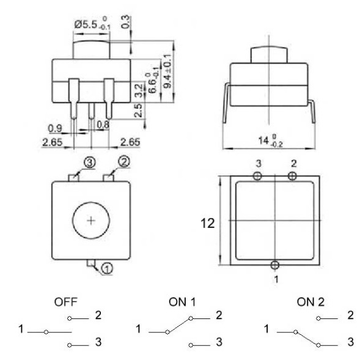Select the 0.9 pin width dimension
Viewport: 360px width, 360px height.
point(55,128)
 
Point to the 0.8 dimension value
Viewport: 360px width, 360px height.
point(103,125)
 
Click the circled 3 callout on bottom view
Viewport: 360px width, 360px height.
point(89,163)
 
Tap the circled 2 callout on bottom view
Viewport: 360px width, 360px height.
point(123,162)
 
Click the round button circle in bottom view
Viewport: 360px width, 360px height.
point(91,220)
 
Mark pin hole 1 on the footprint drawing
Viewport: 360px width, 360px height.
point(275,264)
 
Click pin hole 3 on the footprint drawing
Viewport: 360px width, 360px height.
point(257,176)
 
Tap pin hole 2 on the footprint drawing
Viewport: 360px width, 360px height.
point(292,176)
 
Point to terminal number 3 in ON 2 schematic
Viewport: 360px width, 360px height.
point(350,341)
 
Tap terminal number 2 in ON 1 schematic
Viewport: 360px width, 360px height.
point(219,315)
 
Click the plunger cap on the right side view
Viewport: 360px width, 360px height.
point(270,53)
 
